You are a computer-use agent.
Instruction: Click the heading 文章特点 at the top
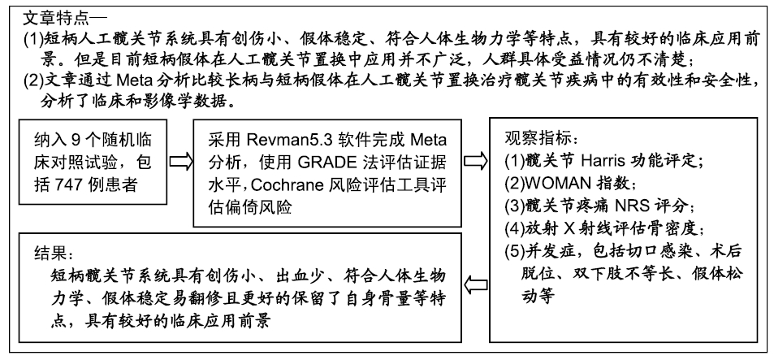coord(56,18)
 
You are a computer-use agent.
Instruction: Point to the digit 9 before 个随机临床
coord(76,140)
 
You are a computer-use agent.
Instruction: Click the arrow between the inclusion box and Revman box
coord(180,162)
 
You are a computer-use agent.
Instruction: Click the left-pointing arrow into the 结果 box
coord(475,284)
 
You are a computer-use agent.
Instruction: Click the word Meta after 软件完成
coord(429,140)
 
